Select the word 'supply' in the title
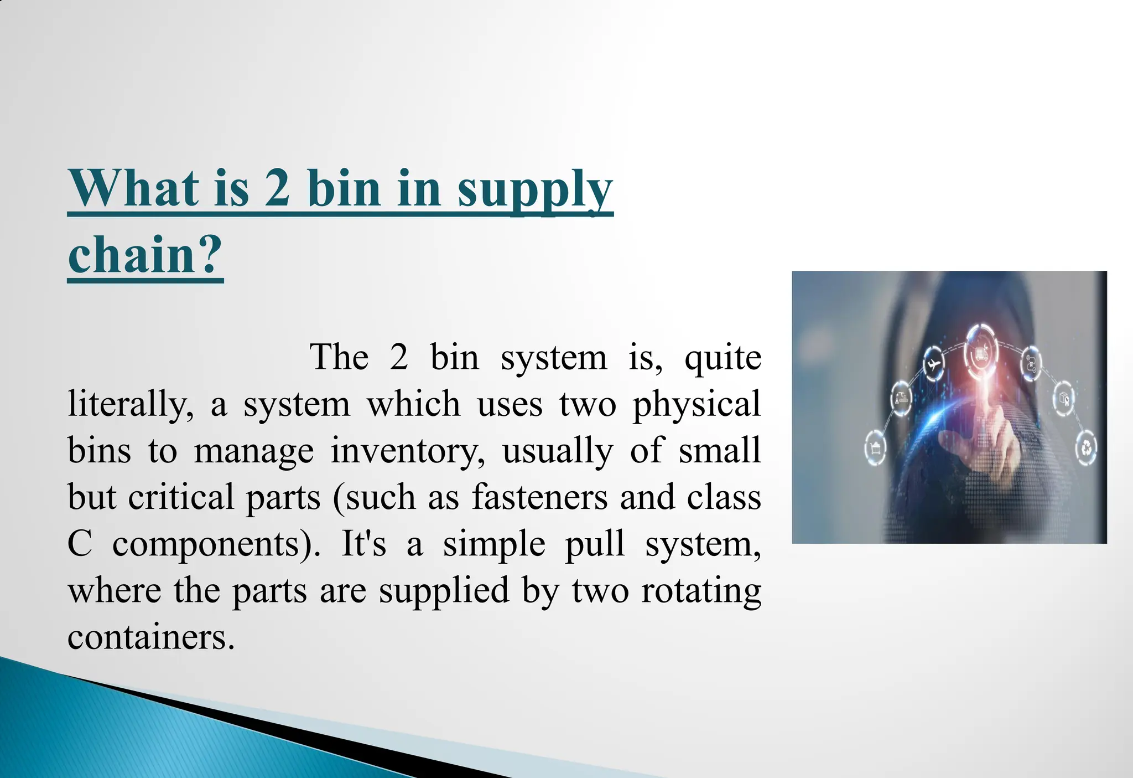[535, 191]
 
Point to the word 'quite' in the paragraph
[723, 358]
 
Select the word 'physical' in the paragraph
[697, 405]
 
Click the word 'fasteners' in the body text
[539, 497]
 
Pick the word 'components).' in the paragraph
[216, 545]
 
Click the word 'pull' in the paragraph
[594, 544]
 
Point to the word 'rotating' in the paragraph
[701, 591]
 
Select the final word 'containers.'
[151, 637]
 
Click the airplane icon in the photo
[933, 364]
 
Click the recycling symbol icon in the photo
[1086, 448]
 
